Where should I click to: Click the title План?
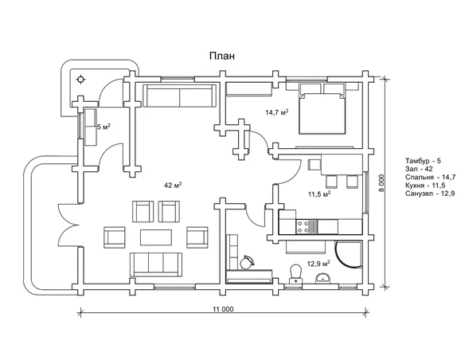[222, 56]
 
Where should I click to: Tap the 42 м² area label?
[173, 186]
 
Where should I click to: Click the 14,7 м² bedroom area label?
[276, 112]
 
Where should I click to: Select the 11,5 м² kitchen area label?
[319, 194]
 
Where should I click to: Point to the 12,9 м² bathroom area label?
[318, 264]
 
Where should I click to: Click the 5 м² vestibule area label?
[104, 127]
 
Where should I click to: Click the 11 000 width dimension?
[223, 309]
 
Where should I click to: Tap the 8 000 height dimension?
[382, 183]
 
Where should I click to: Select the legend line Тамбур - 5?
[423, 161]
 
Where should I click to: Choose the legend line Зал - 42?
[419, 169]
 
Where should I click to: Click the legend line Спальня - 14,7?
[430, 178]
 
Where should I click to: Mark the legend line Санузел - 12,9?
[430, 194]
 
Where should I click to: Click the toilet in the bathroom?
[295, 274]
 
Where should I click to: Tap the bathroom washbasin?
[323, 278]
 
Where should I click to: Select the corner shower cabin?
[349, 254]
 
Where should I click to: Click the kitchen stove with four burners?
[307, 226]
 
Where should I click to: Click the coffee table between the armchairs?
[156, 237]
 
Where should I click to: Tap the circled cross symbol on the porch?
[80, 80]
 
